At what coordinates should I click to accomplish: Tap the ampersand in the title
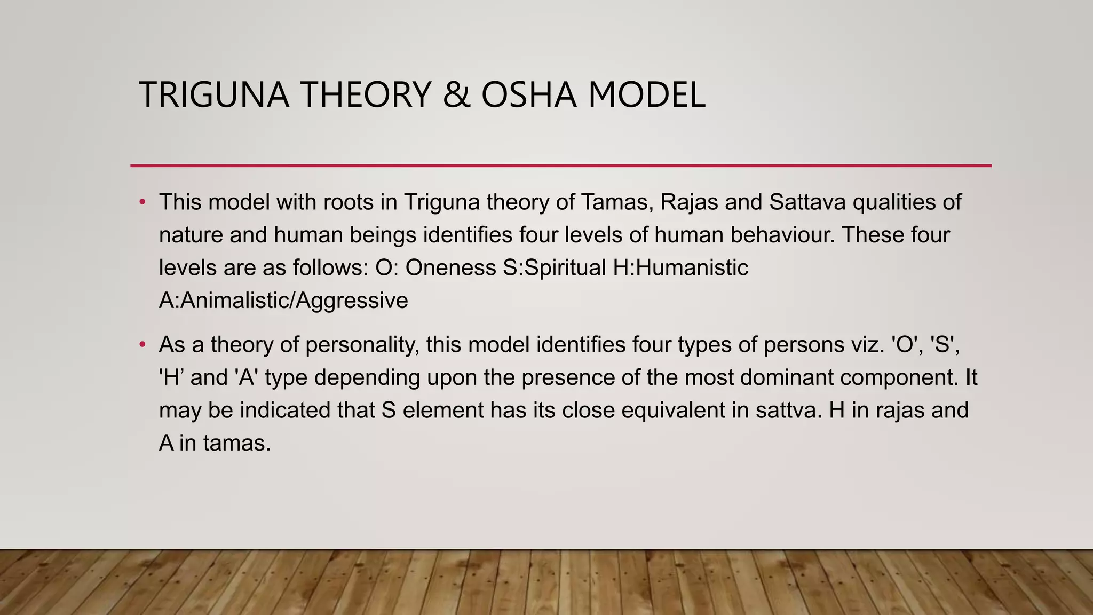(457, 95)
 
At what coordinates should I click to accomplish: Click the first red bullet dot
(142, 202)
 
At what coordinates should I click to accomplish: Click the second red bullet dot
(142, 345)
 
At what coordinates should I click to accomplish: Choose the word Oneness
(450, 267)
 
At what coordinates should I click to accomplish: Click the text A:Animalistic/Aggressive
(283, 301)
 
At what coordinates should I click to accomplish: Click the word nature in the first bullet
(191, 235)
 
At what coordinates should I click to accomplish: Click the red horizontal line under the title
(560, 166)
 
